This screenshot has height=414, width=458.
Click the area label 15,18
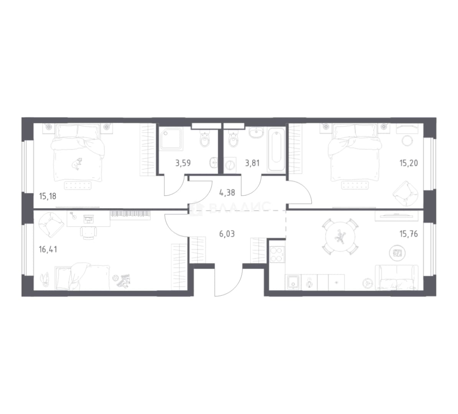click(x=47, y=196)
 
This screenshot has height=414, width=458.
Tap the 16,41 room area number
click(x=48, y=250)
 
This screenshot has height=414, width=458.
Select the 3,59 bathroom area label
click(x=183, y=163)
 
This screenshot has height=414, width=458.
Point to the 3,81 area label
click(x=252, y=163)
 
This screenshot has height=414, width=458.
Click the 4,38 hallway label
click(x=227, y=192)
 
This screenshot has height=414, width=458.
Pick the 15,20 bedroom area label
click(x=409, y=163)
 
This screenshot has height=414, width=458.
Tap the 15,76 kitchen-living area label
click(x=409, y=234)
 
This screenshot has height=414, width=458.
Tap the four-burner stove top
click(x=277, y=254)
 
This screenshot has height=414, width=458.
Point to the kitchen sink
click(x=293, y=283)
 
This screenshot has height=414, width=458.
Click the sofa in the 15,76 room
click(x=397, y=278)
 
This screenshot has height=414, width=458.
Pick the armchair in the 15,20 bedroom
click(x=405, y=193)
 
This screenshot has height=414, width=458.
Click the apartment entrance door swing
click(x=229, y=280)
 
